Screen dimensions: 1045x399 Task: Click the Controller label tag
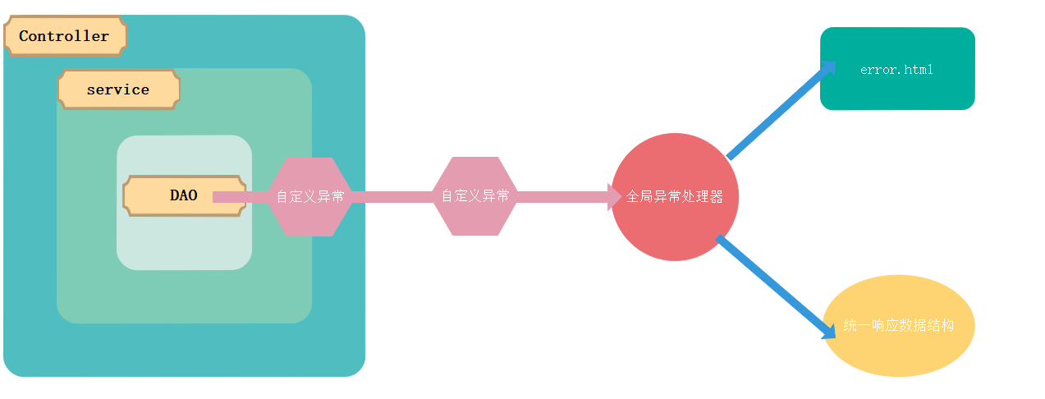(65, 36)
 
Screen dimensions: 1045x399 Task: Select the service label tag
(118, 89)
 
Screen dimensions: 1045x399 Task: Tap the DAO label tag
(184, 195)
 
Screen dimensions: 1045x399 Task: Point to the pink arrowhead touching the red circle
(615, 197)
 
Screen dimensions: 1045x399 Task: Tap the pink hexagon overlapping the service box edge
(310, 197)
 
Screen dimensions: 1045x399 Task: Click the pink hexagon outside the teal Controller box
(475, 196)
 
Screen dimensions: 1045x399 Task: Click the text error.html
(896, 70)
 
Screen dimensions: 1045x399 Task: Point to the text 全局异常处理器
(675, 197)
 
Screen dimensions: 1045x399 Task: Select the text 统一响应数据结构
(898, 326)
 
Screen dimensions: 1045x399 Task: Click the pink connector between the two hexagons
(392, 197)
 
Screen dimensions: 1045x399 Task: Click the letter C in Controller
(25, 36)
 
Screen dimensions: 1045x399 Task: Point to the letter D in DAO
(175, 195)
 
